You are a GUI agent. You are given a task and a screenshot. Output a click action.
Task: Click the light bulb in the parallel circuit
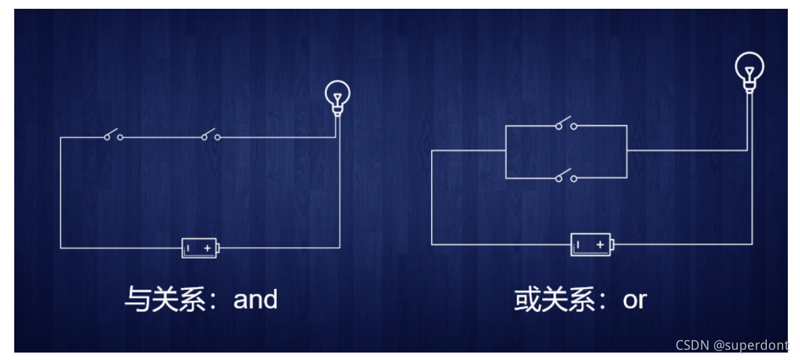[x=749, y=68]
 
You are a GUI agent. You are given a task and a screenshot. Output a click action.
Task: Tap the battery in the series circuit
[x=200, y=248]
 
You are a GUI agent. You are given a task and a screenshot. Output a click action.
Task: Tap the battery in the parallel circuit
[x=591, y=244]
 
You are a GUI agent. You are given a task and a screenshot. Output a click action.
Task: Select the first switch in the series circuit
[x=113, y=136]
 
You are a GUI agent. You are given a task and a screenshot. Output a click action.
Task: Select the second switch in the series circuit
[x=210, y=136]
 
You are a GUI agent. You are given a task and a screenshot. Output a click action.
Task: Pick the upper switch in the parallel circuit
[x=565, y=125]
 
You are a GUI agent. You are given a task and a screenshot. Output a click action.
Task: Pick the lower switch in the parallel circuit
[x=565, y=177]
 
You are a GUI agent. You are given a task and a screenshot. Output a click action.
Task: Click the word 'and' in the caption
[x=255, y=299]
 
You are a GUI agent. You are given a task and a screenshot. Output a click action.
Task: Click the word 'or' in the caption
[x=635, y=300]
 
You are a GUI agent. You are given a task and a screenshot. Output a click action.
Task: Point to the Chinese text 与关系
[x=165, y=299]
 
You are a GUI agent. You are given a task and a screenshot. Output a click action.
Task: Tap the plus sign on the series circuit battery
[x=207, y=248]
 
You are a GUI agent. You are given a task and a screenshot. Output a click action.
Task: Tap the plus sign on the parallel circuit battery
[x=600, y=244]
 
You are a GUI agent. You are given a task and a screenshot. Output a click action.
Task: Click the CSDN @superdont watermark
[x=731, y=345]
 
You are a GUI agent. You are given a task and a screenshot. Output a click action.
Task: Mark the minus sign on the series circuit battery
[x=189, y=248]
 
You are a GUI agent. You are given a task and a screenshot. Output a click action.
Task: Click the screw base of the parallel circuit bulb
[x=749, y=86]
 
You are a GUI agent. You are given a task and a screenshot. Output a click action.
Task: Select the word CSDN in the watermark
[x=692, y=345]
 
